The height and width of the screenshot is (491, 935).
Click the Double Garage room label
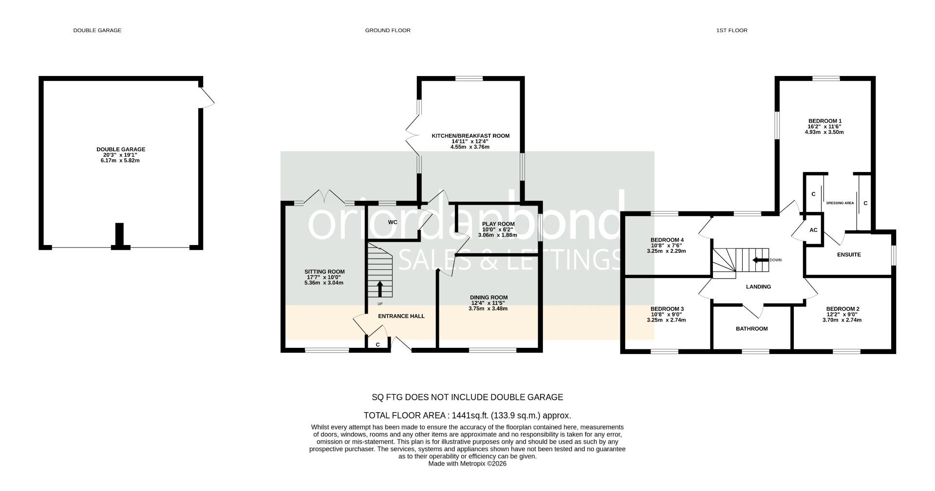click(x=120, y=150)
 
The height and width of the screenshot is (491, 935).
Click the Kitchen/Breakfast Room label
click(x=470, y=136)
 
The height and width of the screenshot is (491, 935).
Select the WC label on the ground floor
click(x=393, y=222)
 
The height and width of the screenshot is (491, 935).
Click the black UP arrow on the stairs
click(x=380, y=288)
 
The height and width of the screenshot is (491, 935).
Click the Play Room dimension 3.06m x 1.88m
click(x=497, y=235)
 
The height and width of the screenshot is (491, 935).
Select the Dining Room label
click(x=488, y=297)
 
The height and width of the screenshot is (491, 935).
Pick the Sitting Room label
click(x=324, y=272)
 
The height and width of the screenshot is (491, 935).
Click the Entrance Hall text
click(x=401, y=316)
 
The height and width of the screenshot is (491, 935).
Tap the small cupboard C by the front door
click(x=378, y=345)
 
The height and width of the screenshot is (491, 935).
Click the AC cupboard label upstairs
click(x=813, y=230)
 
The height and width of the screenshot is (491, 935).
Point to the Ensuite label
click(x=849, y=255)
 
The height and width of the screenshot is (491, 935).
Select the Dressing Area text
click(x=840, y=203)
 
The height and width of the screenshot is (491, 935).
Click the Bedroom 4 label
click(x=667, y=240)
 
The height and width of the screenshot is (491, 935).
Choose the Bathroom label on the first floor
click(x=751, y=329)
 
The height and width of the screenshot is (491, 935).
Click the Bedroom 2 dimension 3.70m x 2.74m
click(x=842, y=320)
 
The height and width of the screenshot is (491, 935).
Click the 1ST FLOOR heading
click(x=731, y=30)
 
